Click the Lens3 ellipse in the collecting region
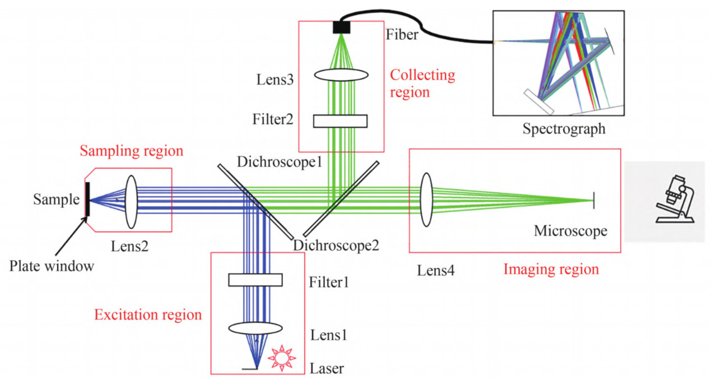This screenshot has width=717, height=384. click(x=341, y=75)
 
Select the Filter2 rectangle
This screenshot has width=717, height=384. click(x=340, y=121)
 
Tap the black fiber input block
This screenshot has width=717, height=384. click(x=341, y=27)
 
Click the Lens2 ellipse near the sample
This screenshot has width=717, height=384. click(x=131, y=201)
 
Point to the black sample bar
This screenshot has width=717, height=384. click(x=87, y=199)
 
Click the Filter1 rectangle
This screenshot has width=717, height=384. click(x=255, y=279)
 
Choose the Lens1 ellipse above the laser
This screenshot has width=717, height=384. click(x=255, y=328)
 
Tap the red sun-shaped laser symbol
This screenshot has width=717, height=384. click(x=281, y=358)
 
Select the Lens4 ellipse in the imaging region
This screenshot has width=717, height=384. click(x=426, y=200)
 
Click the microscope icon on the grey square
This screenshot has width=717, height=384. click(x=674, y=201)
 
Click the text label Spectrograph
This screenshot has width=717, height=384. click(x=564, y=129)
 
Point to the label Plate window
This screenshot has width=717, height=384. click(x=52, y=266)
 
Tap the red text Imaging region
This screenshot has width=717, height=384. click(x=551, y=270)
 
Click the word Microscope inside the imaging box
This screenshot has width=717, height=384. click(x=570, y=231)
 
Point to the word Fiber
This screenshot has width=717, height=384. click(x=402, y=35)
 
